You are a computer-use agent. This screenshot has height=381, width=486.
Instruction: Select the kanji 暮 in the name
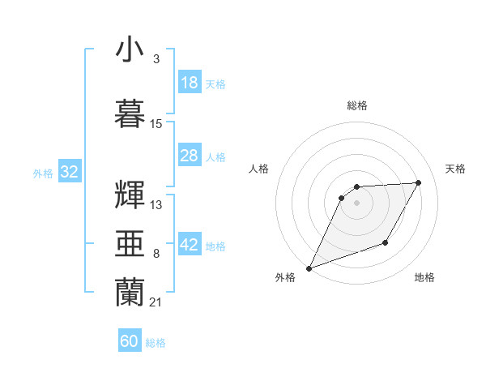[x=131, y=113]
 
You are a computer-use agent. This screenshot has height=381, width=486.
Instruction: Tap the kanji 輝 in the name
[x=131, y=195]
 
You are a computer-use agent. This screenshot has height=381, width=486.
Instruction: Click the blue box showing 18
[x=190, y=83]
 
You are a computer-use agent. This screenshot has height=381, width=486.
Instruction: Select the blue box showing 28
[x=190, y=156]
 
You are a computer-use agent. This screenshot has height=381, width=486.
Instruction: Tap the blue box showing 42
[x=190, y=246]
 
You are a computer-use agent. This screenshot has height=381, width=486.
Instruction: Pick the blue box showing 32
[x=69, y=172]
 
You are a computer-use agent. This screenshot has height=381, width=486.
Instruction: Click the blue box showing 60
[x=130, y=341]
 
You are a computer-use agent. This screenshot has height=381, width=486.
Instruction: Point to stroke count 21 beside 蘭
[x=156, y=302]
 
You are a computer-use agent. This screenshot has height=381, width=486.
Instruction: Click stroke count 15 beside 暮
[x=156, y=123]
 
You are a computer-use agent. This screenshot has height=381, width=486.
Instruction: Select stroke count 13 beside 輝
[x=156, y=204]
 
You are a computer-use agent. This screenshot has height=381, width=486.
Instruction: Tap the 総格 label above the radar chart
[x=357, y=105]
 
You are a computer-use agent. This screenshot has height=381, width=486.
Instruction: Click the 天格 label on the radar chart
[x=455, y=169]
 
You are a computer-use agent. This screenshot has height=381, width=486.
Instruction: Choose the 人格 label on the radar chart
[x=258, y=169]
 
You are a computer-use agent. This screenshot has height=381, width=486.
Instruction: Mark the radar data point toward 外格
[x=309, y=268]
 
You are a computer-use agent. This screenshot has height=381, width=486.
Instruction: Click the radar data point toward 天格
[x=419, y=182]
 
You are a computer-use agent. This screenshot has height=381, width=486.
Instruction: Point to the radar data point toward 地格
[x=386, y=242]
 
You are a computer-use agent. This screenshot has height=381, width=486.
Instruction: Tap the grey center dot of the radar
[x=356, y=203]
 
